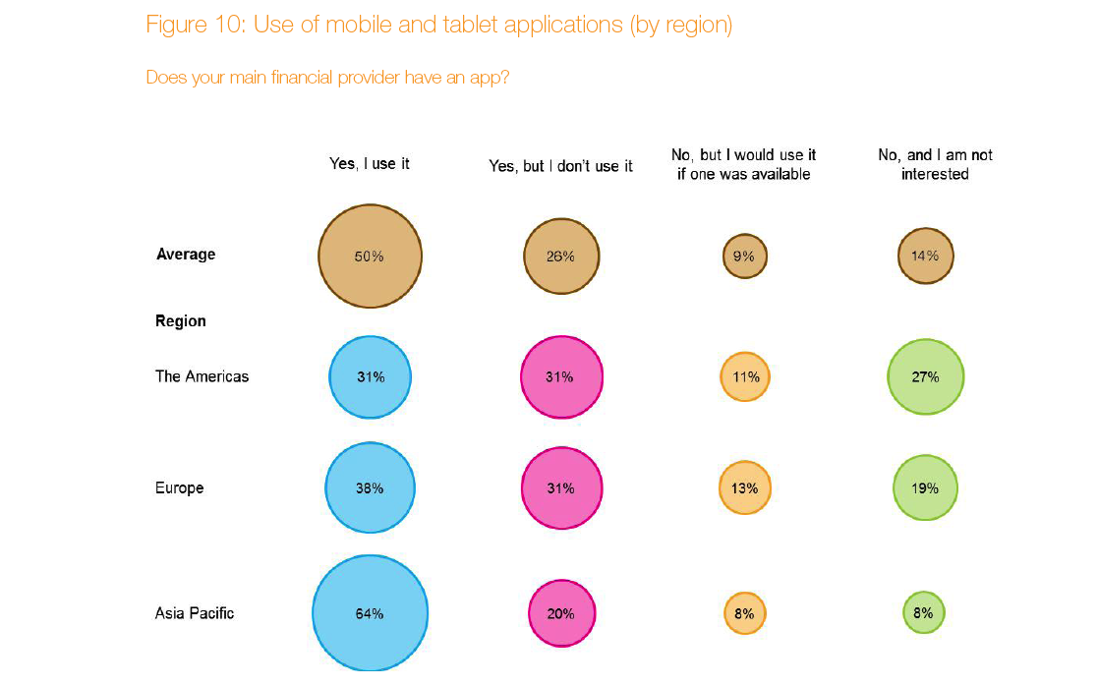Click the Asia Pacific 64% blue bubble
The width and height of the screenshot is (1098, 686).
tap(370, 613)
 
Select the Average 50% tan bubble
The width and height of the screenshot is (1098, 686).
tap(370, 256)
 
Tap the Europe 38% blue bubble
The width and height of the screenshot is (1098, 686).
tap(370, 488)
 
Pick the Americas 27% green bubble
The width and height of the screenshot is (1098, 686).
tap(925, 376)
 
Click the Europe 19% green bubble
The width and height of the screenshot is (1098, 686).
tap(925, 488)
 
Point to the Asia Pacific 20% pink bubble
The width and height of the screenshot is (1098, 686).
tap(560, 613)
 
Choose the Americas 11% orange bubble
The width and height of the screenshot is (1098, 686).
tap(744, 376)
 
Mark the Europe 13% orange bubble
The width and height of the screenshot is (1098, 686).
tap(744, 488)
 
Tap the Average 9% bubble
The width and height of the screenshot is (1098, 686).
tap(744, 257)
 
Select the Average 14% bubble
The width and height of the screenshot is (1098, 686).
tap(925, 256)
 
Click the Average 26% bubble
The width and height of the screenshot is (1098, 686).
tap(560, 257)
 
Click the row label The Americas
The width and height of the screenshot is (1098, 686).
tap(202, 376)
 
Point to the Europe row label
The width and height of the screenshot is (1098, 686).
tap(179, 488)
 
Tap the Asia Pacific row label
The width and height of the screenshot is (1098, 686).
tap(195, 613)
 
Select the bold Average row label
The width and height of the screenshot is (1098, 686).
tap(186, 255)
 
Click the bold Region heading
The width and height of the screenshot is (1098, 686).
tap(181, 321)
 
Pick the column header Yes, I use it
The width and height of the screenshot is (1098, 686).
tap(369, 164)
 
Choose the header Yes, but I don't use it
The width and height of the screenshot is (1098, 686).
tap(560, 167)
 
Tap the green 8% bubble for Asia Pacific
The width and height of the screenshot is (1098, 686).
tap(924, 613)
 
